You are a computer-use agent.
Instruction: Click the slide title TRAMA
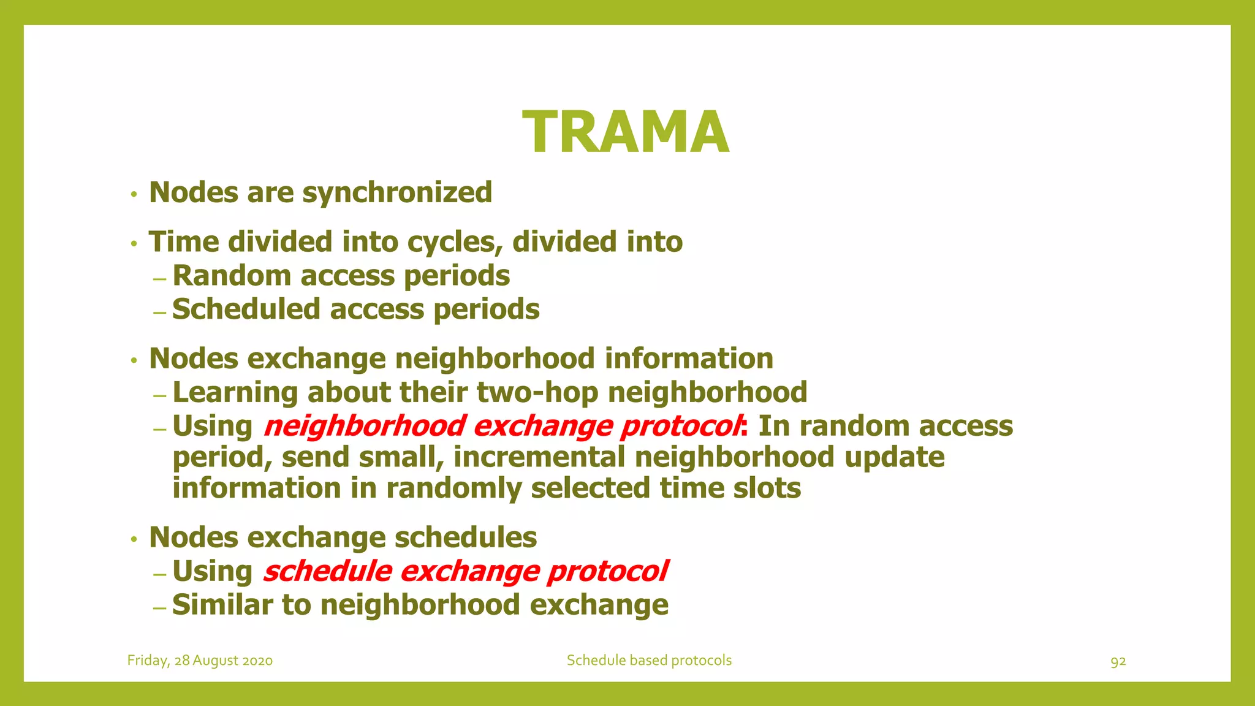click(626, 132)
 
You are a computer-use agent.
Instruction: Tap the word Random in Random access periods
click(232, 276)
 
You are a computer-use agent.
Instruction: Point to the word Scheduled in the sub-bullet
click(246, 309)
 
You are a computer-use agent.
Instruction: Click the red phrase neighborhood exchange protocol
click(502, 426)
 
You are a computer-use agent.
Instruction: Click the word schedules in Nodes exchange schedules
click(465, 537)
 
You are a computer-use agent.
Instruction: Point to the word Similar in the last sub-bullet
click(222, 605)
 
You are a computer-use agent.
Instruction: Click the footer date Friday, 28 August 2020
click(200, 661)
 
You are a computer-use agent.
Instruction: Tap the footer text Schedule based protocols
click(649, 661)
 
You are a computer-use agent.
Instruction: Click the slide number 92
click(1118, 661)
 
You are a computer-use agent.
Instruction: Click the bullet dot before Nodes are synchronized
click(134, 195)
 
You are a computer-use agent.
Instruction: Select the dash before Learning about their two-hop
click(160, 395)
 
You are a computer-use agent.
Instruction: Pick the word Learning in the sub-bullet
click(235, 393)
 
